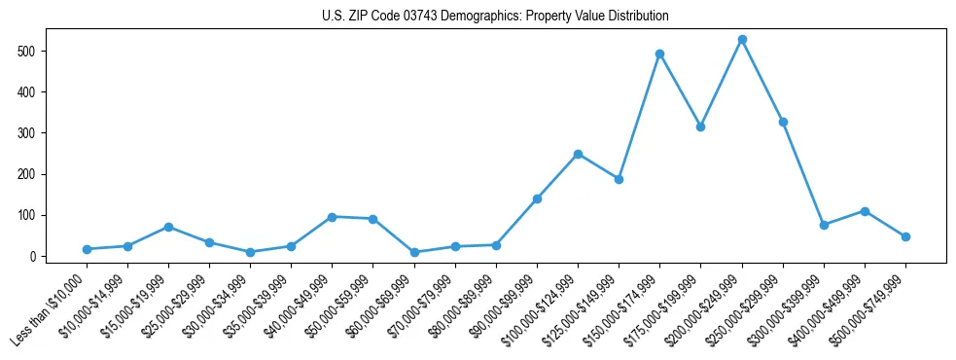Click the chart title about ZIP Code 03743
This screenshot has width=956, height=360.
pyautogui.click(x=495, y=17)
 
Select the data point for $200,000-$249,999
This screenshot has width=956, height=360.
pyautogui.click(x=742, y=40)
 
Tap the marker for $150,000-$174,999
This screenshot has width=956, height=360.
pyautogui.click(x=659, y=54)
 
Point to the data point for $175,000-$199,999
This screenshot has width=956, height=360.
pyautogui.click(x=700, y=127)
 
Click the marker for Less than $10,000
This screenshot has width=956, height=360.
pyautogui.click(x=87, y=249)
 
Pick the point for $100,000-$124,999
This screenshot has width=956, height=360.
pyautogui.click(x=578, y=154)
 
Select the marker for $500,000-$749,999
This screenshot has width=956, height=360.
pyautogui.click(x=905, y=236)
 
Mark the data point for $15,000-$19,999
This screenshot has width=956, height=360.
pyautogui.click(x=168, y=227)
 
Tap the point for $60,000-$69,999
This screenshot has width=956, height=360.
pyautogui.click(x=414, y=252)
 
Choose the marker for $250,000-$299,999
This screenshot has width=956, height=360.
pyautogui.click(x=783, y=122)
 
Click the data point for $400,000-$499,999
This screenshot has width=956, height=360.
pyautogui.click(x=865, y=211)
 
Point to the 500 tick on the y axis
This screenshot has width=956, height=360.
pyautogui.click(x=41, y=51)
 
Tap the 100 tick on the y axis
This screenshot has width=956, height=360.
pyautogui.click(x=41, y=215)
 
